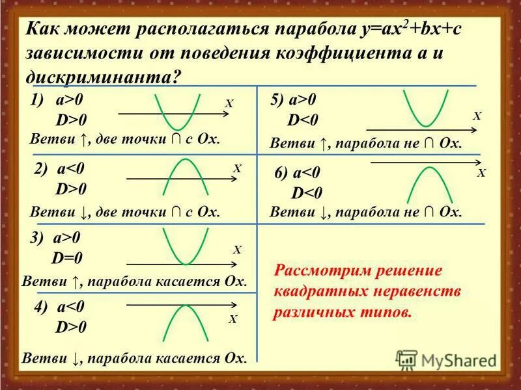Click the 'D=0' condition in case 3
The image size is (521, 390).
click(x=68, y=258)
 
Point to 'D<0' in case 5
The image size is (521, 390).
click(x=303, y=122)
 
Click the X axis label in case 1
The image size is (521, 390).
click(x=229, y=103)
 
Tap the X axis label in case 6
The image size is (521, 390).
click(x=481, y=174)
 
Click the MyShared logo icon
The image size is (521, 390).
click(x=406, y=358)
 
